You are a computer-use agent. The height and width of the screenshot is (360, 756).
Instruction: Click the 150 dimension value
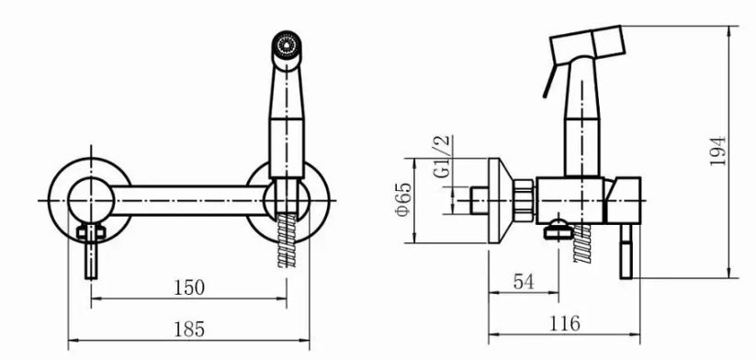189,287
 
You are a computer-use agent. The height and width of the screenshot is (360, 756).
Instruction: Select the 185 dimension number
189,329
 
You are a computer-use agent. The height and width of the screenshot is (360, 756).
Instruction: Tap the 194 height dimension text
718,151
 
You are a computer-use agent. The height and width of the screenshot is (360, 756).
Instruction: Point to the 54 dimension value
524,282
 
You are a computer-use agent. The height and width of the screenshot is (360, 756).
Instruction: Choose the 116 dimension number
565,323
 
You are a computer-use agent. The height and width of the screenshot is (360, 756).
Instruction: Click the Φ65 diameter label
404,199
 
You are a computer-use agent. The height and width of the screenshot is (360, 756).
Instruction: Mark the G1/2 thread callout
442,156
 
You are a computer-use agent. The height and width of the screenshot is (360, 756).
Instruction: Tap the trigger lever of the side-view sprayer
550,81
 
